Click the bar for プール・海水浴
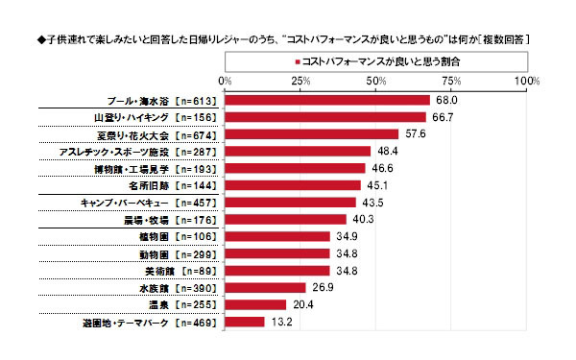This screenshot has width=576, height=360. click(x=326, y=99)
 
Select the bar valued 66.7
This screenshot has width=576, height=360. click(x=324, y=116)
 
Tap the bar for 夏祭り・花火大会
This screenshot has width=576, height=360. click(x=311, y=133)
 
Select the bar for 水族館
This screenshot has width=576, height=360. click(x=265, y=288)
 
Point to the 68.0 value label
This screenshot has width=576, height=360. click(x=444, y=99)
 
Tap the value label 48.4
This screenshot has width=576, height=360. click(x=385, y=151)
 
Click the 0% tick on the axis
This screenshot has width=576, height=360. click(x=225, y=81)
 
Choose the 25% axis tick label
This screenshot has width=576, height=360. click(x=300, y=81)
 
